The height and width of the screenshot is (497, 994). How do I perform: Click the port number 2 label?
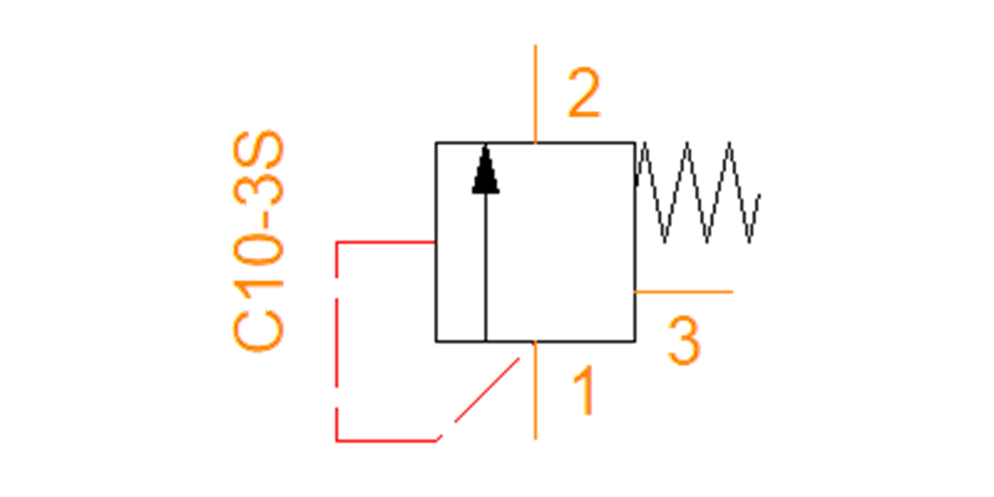(x=584, y=93)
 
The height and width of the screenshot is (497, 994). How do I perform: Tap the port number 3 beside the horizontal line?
(x=684, y=340)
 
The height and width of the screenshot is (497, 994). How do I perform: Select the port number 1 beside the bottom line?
(x=583, y=390)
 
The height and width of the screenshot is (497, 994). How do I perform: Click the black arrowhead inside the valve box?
(x=485, y=169)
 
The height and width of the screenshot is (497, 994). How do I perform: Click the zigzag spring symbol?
(x=697, y=192)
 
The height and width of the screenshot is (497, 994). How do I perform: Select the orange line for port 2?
(x=536, y=94)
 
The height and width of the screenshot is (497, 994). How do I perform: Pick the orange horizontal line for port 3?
(x=683, y=292)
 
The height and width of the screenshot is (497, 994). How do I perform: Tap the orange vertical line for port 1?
(x=536, y=391)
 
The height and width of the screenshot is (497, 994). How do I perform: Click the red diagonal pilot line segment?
(x=479, y=399)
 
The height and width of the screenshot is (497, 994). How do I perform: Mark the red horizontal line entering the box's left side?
(x=386, y=242)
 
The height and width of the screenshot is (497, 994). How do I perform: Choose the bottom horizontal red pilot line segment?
(x=387, y=441)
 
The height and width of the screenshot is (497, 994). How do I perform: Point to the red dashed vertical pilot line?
(x=337, y=341)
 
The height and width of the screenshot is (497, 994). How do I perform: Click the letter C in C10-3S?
(x=258, y=331)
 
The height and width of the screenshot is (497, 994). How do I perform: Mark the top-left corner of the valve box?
(x=436, y=142)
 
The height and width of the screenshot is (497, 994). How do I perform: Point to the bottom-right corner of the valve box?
(x=635, y=341)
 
